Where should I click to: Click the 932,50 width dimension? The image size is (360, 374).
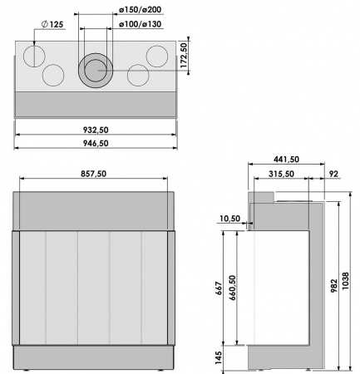click(x=97, y=130)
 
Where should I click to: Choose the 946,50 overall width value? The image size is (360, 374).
click(x=97, y=143)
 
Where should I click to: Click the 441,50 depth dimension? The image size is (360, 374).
click(x=287, y=159)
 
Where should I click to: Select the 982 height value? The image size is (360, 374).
click(x=333, y=283)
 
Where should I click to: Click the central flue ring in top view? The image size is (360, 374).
click(x=93, y=71)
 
